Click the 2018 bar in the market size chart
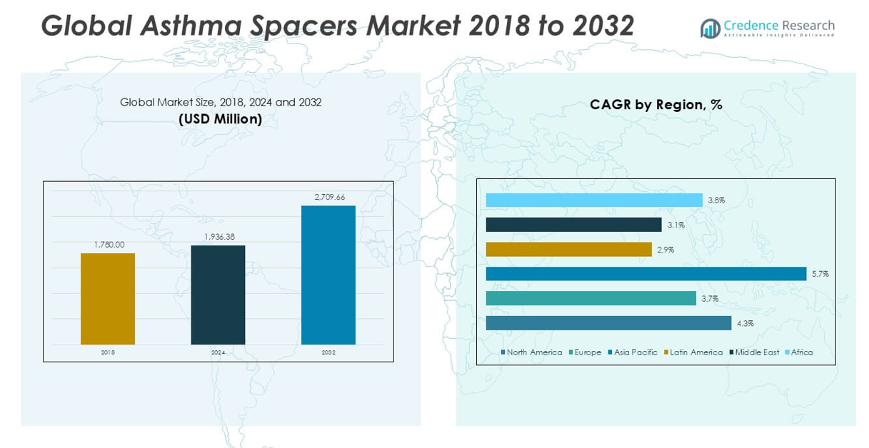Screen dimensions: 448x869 tap(107, 299)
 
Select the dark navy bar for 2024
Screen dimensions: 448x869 tap(218, 295)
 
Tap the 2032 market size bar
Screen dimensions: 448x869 tap(328, 275)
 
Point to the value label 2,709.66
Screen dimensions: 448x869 tap(329, 197)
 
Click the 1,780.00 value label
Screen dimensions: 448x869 tap(109, 245)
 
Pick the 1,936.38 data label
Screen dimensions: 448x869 tap(219, 237)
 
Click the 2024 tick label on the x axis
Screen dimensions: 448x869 tap(218, 352)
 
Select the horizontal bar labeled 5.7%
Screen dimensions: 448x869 tap(646, 274)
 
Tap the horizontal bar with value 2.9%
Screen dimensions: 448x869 tap(568, 250)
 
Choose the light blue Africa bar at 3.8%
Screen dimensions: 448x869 tap(594, 200)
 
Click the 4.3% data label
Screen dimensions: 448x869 tap(745, 323)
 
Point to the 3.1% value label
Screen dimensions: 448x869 tap(675, 225)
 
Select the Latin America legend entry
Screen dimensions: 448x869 tap(695, 352)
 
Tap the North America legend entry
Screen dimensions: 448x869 tap(533, 352)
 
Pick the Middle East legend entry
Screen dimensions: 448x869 tap(757, 352)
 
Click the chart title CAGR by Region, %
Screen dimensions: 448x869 tap(655, 105)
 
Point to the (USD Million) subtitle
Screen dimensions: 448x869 tap(220, 119)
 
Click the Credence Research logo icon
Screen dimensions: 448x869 tap(710, 29)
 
